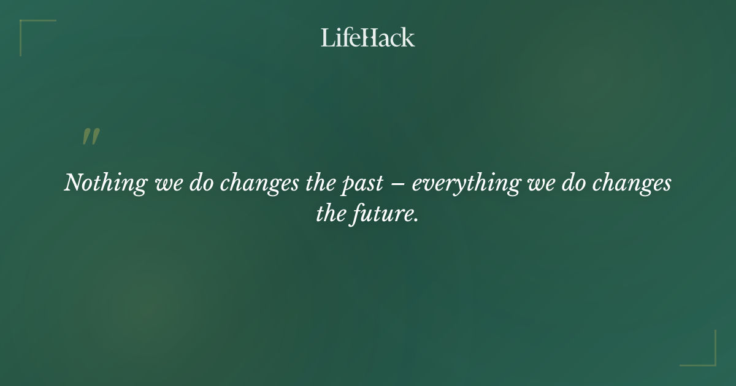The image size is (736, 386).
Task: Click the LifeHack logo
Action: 368,37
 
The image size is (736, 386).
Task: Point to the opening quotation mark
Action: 91,137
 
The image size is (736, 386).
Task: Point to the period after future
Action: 416,220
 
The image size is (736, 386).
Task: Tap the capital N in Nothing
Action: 74,183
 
